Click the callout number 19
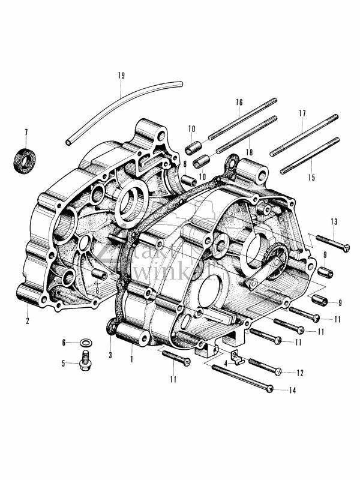click(121, 76)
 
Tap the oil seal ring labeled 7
click(24, 159)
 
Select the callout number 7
click(26, 132)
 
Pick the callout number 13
click(334, 221)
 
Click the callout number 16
click(238, 103)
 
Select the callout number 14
click(292, 391)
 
